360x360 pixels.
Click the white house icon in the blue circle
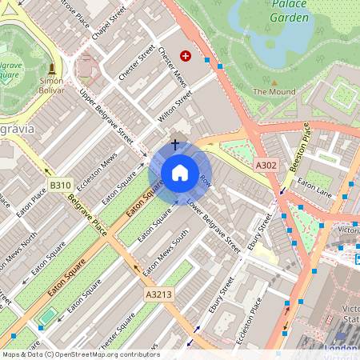pyautogui.click(x=180, y=173)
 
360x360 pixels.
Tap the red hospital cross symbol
pyautogui.click(x=186, y=55)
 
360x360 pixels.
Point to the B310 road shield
pyautogui.click(x=60, y=186)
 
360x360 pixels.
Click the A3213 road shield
pyautogui.click(x=158, y=295)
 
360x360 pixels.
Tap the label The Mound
pyautogui.click(x=274, y=92)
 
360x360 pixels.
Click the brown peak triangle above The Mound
pyautogui.click(x=274, y=82)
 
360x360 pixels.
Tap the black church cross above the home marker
pyautogui.click(x=175, y=145)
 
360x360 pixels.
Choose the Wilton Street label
pyautogui.click(x=175, y=106)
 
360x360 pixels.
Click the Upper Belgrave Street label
pyautogui.click(x=106, y=116)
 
